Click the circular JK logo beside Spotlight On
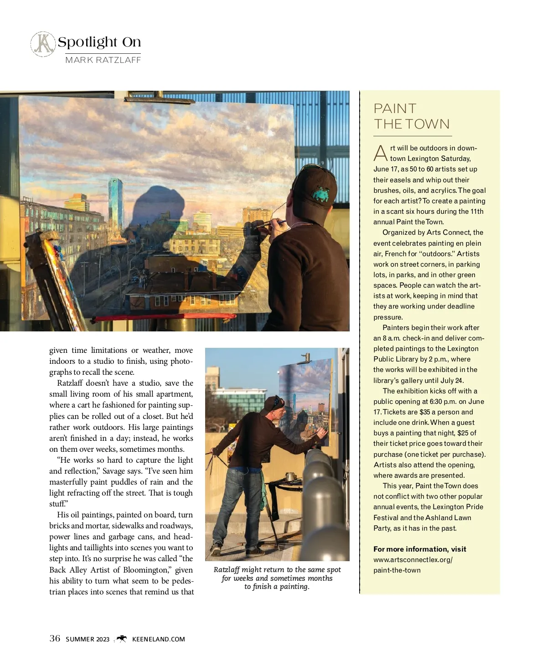(x=43, y=44)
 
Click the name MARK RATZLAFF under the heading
(x=103, y=60)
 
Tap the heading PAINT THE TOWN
(x=411, y=116)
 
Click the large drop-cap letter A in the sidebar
(x=380, y=154)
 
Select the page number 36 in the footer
(x=55, y=638)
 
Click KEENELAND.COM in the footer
(x=158, y=639)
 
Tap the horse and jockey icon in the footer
(x=121, y=639)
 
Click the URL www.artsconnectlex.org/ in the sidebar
(x=413, y=560)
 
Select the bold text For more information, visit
(x=419, y=549)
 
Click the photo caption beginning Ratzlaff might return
(x=277, y=578)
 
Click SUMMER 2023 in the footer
(x=88, y=639)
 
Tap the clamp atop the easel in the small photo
(x=306, y=357)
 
